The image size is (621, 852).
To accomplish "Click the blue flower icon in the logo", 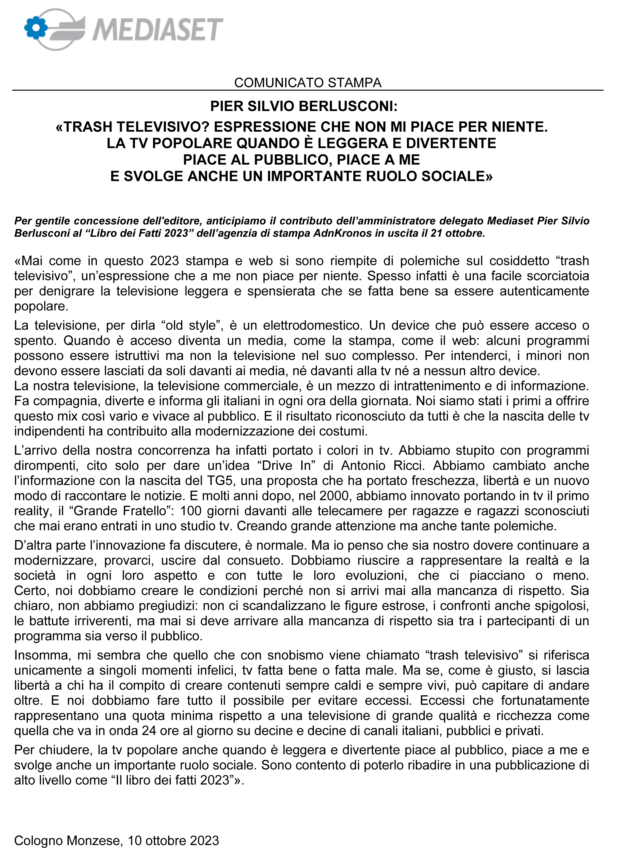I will tap(36, 28).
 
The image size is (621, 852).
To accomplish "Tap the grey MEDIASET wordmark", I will tap(158, 29).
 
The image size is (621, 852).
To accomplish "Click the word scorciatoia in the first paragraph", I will tap(558, 276).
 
